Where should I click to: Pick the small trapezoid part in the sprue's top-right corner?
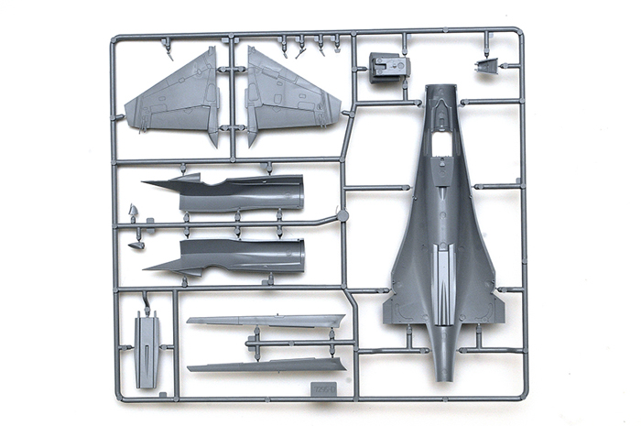click(x=486, y=65)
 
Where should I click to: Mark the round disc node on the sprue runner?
click(x=342, y=216)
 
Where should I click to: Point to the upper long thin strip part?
click(x=266, y=322)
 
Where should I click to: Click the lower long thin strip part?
click(x=266, y=366)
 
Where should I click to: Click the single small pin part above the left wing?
click(x=167, y=50)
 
